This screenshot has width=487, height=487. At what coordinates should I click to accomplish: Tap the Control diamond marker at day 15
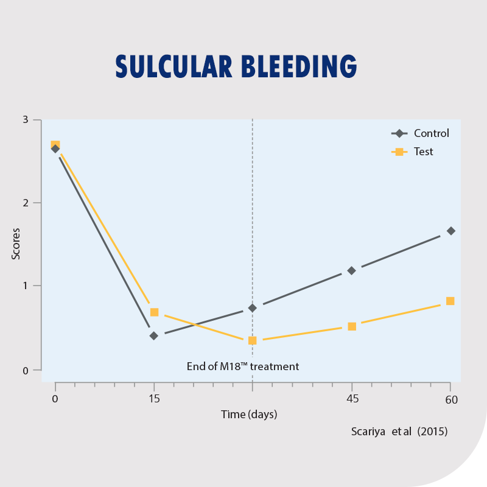click(154, 335)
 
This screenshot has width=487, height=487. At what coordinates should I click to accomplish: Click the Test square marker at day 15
click(154, 312)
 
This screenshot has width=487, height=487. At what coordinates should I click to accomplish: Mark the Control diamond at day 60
click(450, 231)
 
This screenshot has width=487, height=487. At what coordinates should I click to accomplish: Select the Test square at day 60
click(450, 301)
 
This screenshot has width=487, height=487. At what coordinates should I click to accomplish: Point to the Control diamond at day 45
click(351, 270)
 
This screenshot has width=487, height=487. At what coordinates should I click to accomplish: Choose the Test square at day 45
click(352, 326)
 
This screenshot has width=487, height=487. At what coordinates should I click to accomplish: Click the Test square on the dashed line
click(253, 340)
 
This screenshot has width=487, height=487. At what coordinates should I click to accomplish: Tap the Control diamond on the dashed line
click(253, 308)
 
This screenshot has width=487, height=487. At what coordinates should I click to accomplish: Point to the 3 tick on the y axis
click(26, 119)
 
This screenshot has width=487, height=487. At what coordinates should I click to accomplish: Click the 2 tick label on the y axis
click(26, 203)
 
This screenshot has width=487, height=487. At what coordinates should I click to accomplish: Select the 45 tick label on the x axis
click(352, 399)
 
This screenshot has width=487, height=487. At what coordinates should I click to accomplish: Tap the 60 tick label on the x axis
click(450, 400)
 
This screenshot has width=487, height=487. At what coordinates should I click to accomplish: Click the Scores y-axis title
click(16, 243)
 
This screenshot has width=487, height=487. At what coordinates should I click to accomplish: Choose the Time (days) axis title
click(248, 415)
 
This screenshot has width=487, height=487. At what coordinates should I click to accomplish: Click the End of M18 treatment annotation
click(243, 366)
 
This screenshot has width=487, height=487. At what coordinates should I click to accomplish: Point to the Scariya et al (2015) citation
click(399, 432)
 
